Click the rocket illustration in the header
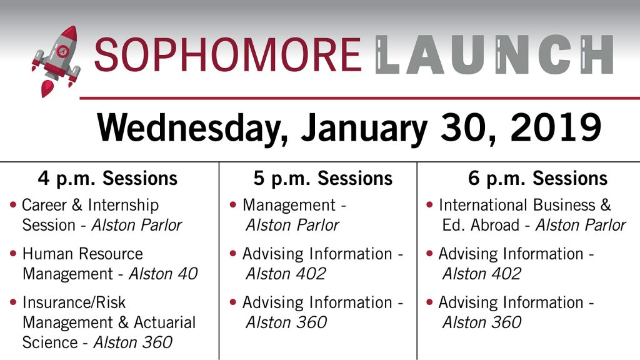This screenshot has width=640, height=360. pyautogui.click(x=56, y=61)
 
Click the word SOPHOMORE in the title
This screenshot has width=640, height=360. pyautogui.click(x=227, y=55)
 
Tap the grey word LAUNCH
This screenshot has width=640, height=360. pyautogui.click(x=494, y=55)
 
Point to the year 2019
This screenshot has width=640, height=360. pyautogui.click(x=556, y=127)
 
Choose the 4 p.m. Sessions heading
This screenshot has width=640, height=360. pyautogui.click(x=107, y=179)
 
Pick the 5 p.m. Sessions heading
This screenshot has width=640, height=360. pyautogui.click(x=323, y=179)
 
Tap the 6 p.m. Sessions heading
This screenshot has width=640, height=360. pyautogui.click(x=537, y=179)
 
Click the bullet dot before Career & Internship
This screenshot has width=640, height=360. pyautogui.click(x=13, y=204)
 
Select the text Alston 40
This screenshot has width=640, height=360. pyautogui.click(x=163, y=274)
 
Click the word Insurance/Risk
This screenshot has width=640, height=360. pyautogui.click(x=74, y=302)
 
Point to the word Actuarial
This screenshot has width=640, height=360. pyautogui.click(x=165, y=322)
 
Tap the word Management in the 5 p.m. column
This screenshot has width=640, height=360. pyautogui.click(x=289, y=205)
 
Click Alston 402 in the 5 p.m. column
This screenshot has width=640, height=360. pyautogui.click(x=286, y=274)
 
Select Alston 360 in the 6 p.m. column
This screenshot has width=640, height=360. pyautogui.click(x=482, y=322)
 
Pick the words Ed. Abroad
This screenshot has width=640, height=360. pyautogui.click(x=481, y=225)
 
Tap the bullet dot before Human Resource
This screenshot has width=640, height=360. pyautogui.click(x=13, y=253)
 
